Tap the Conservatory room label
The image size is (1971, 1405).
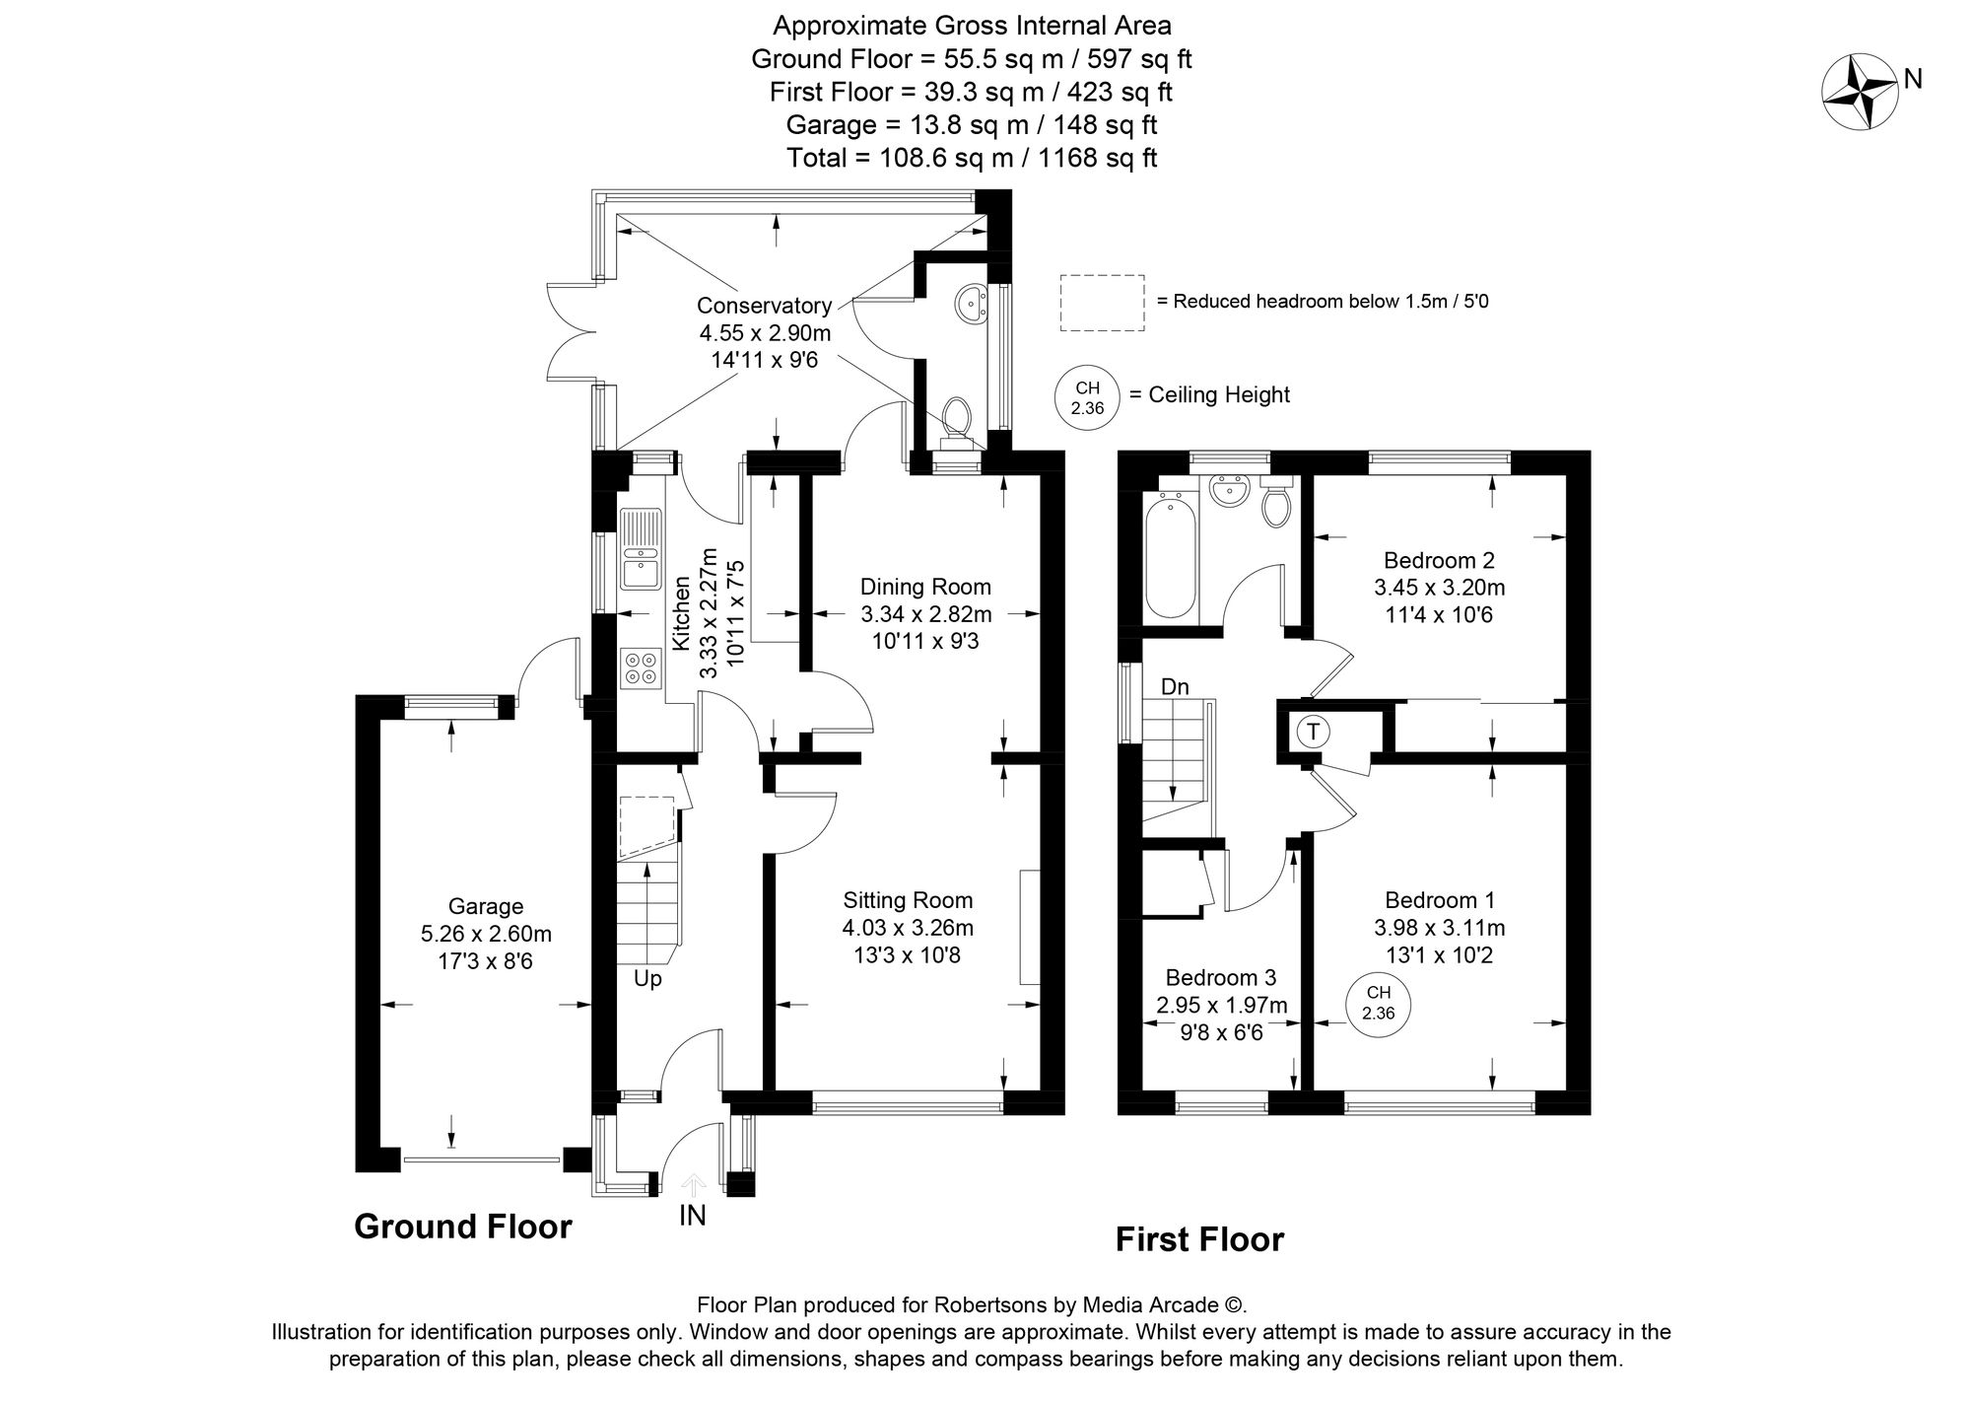pyautogui.click(x=764, y=306)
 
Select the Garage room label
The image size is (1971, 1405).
pyautogui.click(x=485, y=906)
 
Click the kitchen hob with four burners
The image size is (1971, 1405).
pyautogui.click(x=641, y=667)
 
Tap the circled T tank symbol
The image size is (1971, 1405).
pyautogui.click(x=1312, y=732)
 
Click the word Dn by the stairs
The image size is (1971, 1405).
pyautogui.click(x=1175, y=686)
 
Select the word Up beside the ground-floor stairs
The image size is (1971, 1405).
pyautogui.click(x=647, y=978)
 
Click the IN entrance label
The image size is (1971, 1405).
pyautogui.click(x=693, y=1216)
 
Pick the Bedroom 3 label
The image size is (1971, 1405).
pyautogui.click(x=1220, y=977)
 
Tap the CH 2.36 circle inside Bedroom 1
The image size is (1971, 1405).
pyautogui.click(x=1378, y=1004)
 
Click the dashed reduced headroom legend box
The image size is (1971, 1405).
pyautogui.click(x=1102, y=302)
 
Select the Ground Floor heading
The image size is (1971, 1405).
pyautogui.click(x=462, y=1227)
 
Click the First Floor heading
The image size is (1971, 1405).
pyautogui.click(x=1199, y=1239)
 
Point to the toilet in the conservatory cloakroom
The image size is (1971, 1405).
pyautogui.click(x=955, y=418)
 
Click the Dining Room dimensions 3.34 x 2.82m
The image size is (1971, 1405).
pyautogui.click(x=925, y=614)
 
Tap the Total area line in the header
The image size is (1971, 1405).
pyautogui.click(x=971, y=158)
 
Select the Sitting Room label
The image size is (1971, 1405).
pyautogui.click(x=907, y=899)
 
